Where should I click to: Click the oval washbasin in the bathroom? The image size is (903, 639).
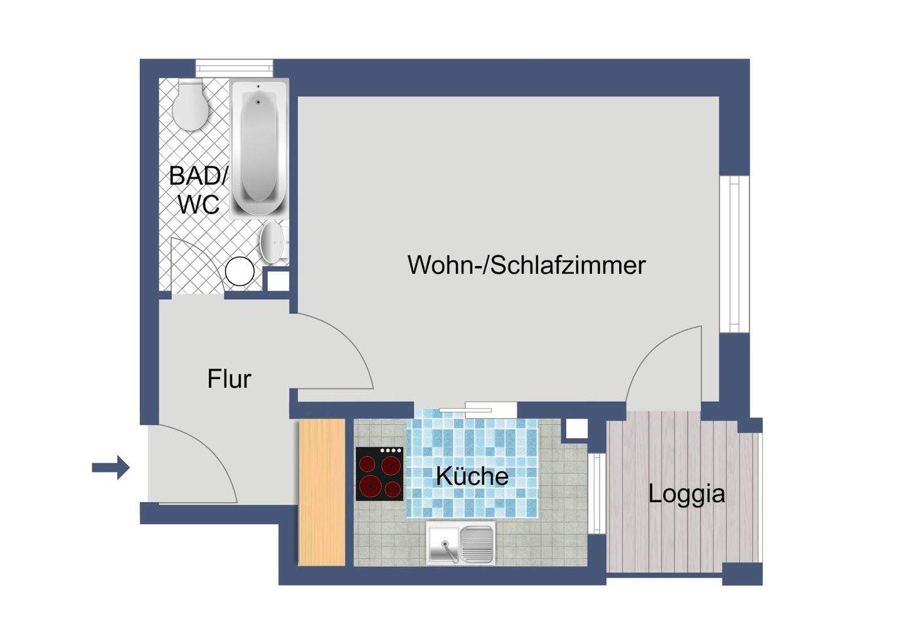click(x=272, y=242)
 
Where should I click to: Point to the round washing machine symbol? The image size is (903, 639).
click(x=240, y=272)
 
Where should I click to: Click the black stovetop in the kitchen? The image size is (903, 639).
click(x=379, y=473)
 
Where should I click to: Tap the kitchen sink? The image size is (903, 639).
click(x=461, y=542)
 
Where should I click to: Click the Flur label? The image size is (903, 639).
click(x=229, y=379)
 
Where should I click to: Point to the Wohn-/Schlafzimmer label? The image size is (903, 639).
click(x=526, y=265)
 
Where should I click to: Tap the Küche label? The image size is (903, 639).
click(x=472, y=476)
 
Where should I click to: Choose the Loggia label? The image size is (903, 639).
click(x=686, y=494)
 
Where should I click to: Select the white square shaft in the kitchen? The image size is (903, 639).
click(x=576, y=429)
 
